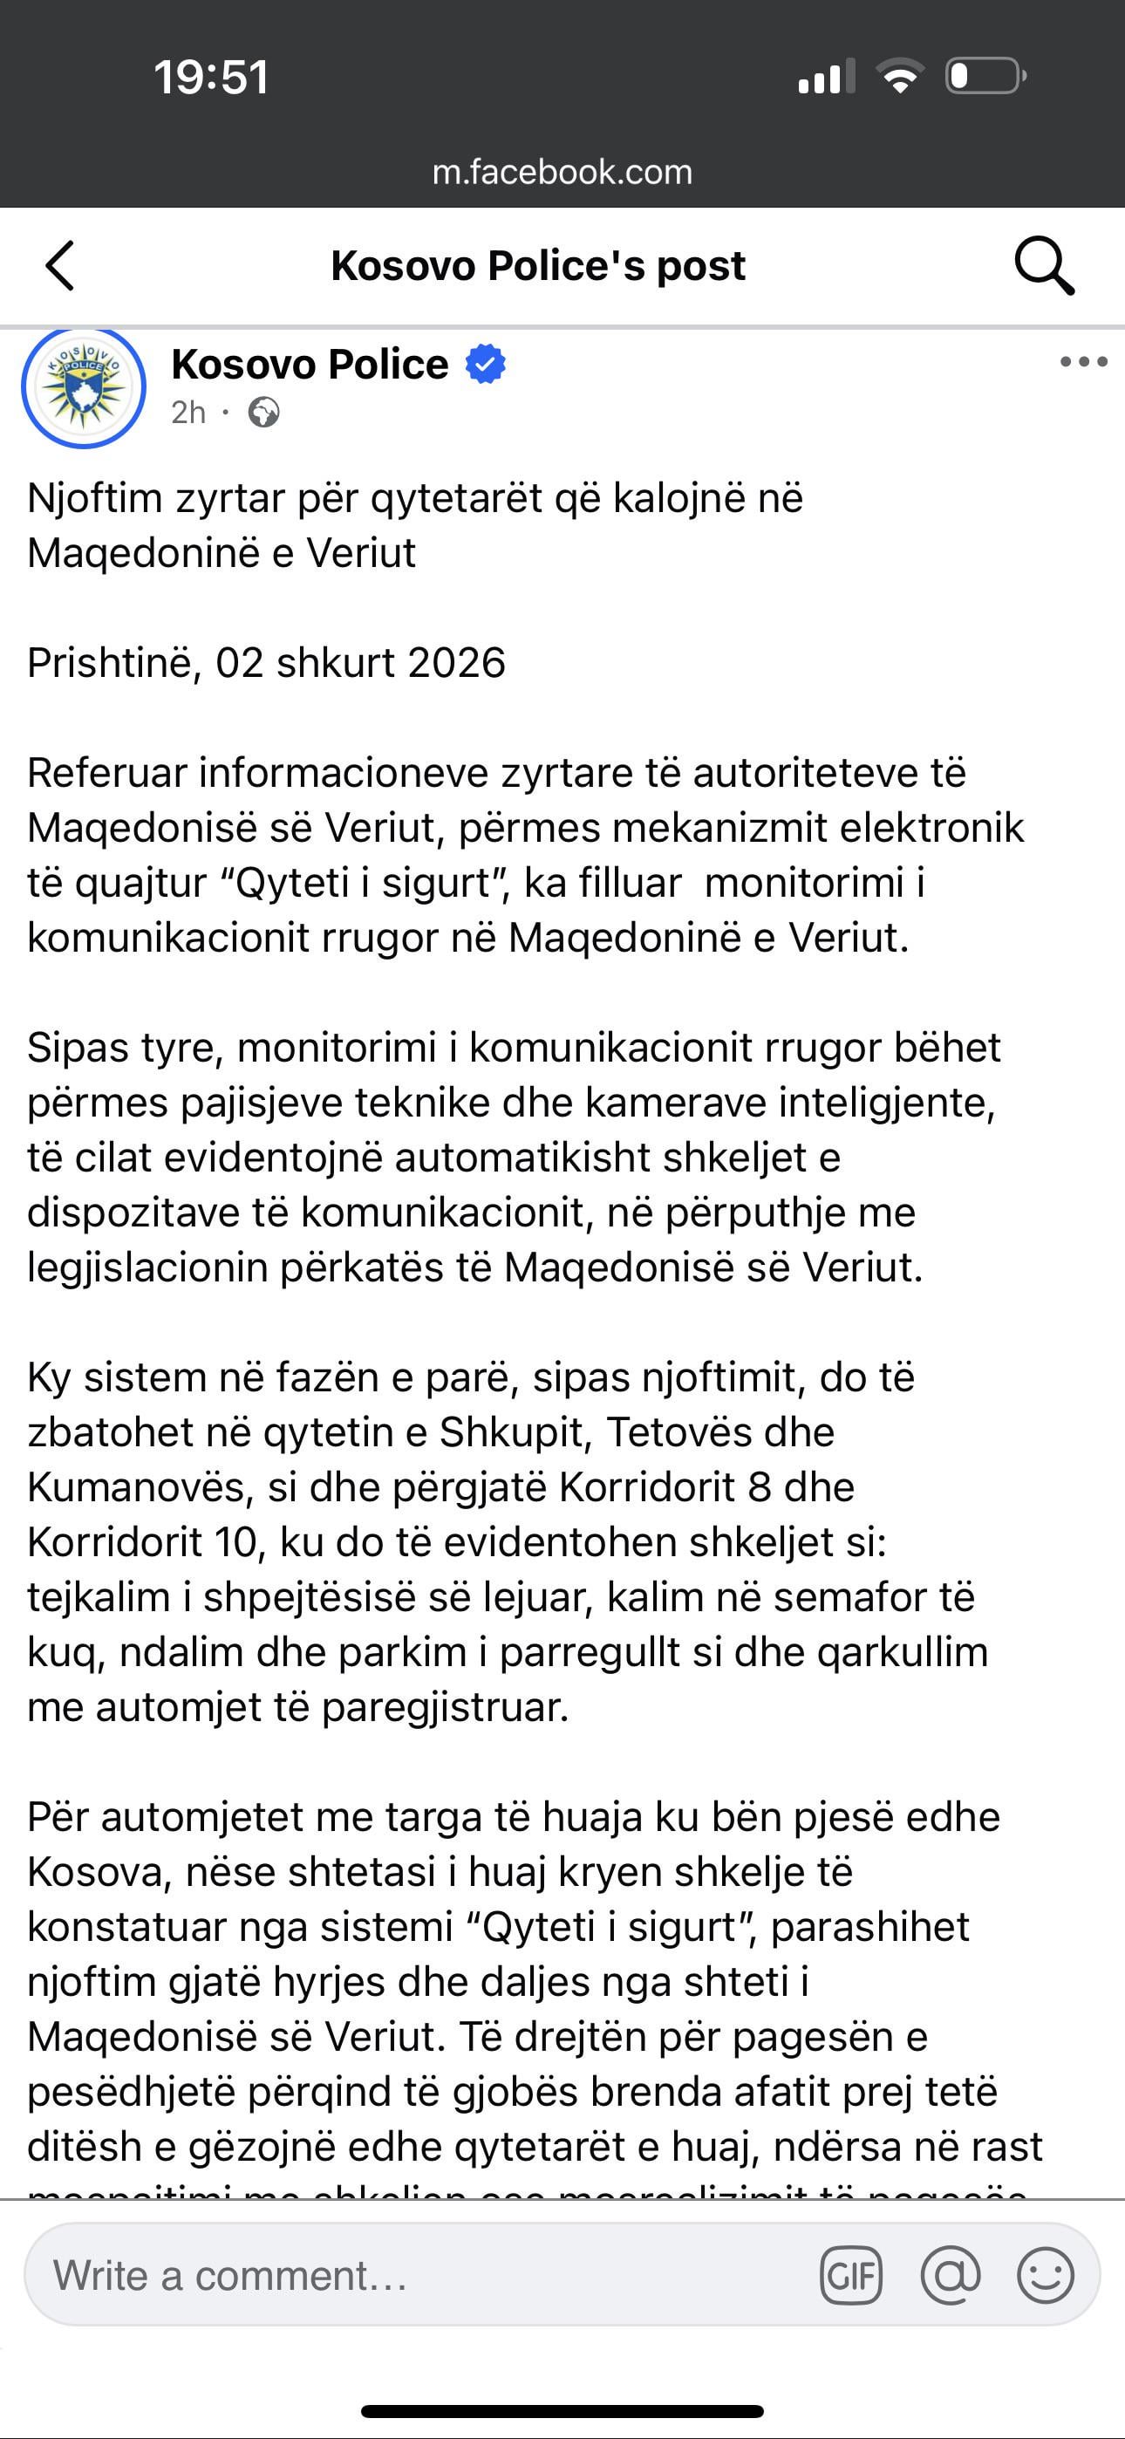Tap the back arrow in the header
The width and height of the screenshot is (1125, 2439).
(59, 265)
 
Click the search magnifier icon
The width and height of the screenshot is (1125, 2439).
(1044, 265)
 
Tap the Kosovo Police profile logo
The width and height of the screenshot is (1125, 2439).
(84, 386)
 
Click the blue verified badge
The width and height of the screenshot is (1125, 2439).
(485, 365)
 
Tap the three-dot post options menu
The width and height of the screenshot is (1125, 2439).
(1083, 362)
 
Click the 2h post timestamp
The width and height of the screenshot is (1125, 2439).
(188, 413)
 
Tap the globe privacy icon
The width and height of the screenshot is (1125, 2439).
(263, 413)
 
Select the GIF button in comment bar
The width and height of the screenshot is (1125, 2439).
(850, 2275)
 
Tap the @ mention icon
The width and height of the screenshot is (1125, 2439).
(950, 2275)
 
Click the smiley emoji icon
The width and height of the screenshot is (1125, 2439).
(1046, 2275)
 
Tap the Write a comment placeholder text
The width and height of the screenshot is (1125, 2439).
(230, 2275)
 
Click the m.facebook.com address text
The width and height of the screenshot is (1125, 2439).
(562, 173)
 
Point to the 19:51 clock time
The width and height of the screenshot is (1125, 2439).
(211, 77)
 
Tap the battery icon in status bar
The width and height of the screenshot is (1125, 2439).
(985, 76)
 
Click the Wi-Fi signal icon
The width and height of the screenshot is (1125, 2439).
(901, 76)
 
